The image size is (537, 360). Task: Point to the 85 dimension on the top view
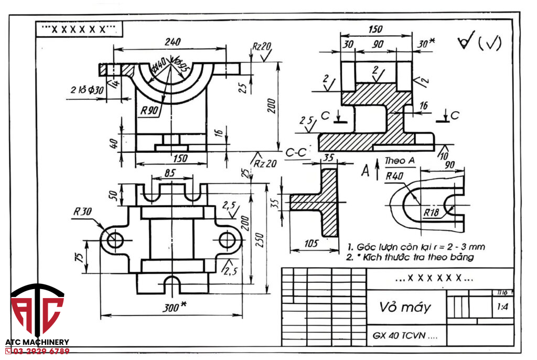(x=169, y=173)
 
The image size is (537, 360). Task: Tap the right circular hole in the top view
(x=227, y=240)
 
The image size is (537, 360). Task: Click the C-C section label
(x=296, y=153)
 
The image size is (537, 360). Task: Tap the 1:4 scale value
(x=502, y=309)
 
